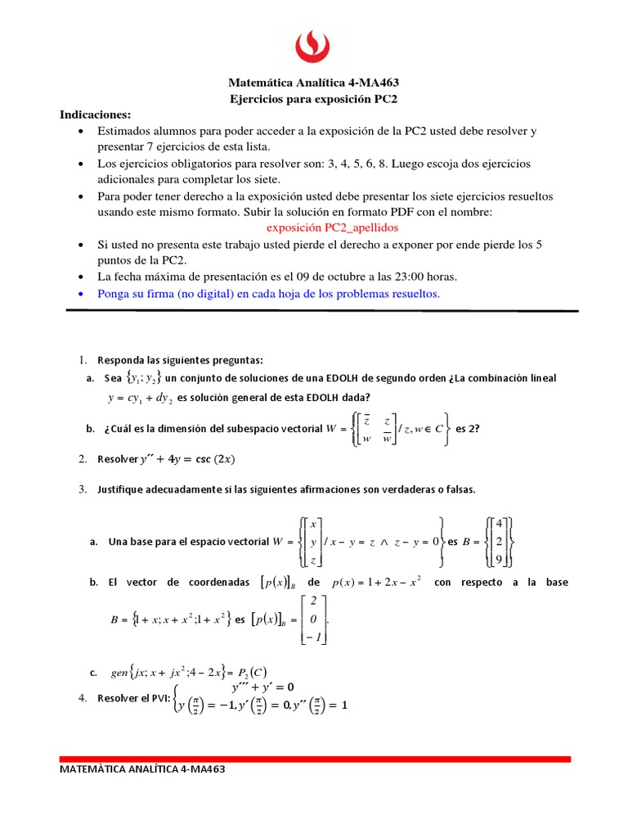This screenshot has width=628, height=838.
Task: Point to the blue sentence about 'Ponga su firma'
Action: pos(268,294)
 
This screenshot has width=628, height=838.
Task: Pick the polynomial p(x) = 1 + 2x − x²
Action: pos(377,583)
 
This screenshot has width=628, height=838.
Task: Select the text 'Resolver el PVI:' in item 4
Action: pos(134,698)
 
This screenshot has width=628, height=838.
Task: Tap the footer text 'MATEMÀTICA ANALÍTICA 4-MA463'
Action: pos(142,769)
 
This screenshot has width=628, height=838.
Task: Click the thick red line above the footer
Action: pos(315,759)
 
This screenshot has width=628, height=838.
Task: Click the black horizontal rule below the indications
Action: pos(321,311)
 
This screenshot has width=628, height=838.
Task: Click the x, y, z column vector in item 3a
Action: pos(314,542)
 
